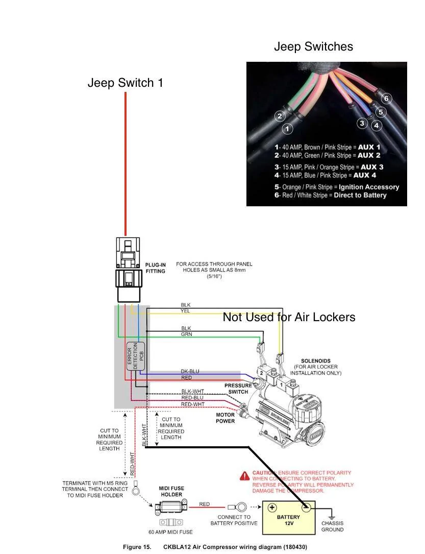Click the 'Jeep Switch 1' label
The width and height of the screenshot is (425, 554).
[x=126, y=83]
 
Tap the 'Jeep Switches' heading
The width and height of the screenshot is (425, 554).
[x=313, y=46]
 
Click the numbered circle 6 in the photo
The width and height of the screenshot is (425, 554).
[x=386, y=98]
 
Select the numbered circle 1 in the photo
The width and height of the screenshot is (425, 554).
[x=287, y=129]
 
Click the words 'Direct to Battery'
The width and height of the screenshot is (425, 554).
[x=360, y=195]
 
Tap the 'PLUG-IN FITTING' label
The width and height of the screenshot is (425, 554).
[x=155, y=268]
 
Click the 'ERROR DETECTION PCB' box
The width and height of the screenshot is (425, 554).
[x=136, y=356]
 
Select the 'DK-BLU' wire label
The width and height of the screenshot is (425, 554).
[x=190, y=371]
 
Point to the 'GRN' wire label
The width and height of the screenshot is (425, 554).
[x=186, y=334]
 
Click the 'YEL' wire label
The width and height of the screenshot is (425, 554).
[x=185, y=311]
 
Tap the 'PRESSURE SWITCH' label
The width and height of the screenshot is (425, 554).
[x=238, y=389]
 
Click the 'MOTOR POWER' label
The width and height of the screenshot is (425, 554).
[x=225, y=418]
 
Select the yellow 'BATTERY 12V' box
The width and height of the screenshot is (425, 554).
[x=289, y=518]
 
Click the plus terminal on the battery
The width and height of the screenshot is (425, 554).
[x=272, y=508]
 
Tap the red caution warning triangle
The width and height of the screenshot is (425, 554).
[x=244, y=476]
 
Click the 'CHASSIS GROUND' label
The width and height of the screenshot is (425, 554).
[x=332, y=526]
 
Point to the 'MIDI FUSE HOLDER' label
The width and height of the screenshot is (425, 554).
[x=171, y=492]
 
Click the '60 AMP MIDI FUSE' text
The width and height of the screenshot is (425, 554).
[x=170, y=532]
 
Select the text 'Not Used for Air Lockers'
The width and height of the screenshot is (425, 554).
[x=289, y=317]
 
